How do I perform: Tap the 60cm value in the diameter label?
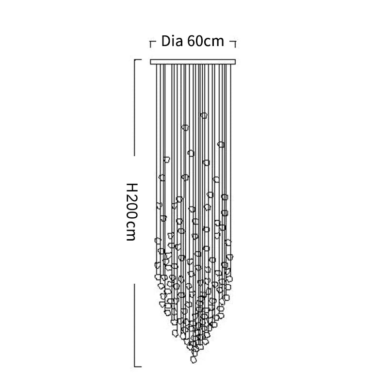(206, 41)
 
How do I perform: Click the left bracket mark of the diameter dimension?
(152, 44)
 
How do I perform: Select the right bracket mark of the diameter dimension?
(233, 44)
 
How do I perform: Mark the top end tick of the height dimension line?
(138, 60)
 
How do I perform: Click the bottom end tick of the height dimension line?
(138, 367)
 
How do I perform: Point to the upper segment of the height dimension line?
(135, 108)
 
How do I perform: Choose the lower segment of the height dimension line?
(135, 325)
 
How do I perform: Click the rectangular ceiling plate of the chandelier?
(193, 62)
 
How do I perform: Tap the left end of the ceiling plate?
(150, 62)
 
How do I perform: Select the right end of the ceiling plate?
(235, 62)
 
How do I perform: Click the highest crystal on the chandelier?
(204, 115)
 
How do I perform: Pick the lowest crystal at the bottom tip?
(194, 359)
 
